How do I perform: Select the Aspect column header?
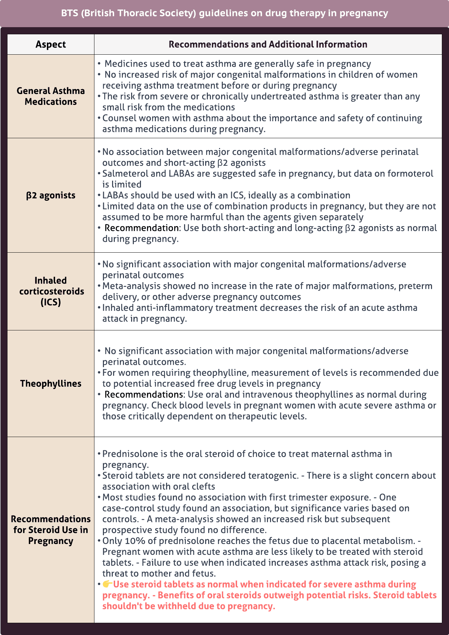51,44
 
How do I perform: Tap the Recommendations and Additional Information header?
268,44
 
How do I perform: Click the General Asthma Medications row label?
51,96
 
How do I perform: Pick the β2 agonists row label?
51,195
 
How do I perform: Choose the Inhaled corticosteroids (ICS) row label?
51,291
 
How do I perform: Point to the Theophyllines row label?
51,383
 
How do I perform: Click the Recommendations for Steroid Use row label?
51,530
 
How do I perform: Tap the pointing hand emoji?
107,584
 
